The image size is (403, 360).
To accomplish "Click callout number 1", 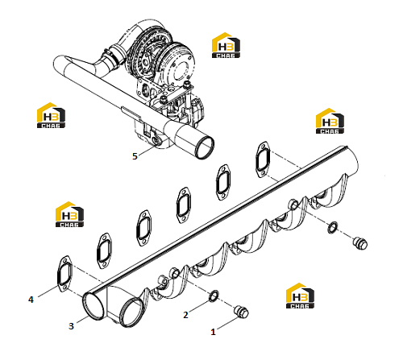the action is [x=213, y=332].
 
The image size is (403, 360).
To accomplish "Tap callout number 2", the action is [x=185, y=315].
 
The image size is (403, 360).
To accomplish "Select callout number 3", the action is [x=71, y=326].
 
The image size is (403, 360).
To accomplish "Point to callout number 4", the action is [x=31, y=300].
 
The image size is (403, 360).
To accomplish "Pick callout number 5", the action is [x=135, y=156].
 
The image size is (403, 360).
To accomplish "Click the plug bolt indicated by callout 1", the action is [x=241, y=312].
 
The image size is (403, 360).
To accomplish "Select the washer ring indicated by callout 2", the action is [x=214, y=296].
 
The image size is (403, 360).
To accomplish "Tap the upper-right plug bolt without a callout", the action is [x=360, y=243].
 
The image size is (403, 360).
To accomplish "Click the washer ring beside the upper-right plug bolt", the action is [x=333, y=227].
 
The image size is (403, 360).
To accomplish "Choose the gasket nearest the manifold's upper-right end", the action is [x=263, y=159].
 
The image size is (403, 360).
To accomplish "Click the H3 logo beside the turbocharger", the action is [x=226, y=45].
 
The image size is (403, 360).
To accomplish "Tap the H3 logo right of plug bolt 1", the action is [x=300, y=296].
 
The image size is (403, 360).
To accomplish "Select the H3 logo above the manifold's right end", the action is [x=330, y=121].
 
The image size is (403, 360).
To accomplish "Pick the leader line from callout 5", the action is [x=147, y=151].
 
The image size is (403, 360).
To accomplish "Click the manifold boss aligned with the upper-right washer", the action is [x=293, y=205].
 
